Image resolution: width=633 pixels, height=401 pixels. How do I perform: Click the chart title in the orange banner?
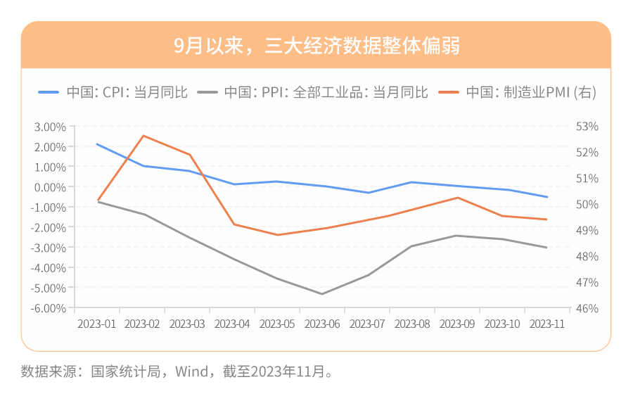(316, 46)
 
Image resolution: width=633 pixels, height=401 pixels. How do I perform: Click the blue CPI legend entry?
(113, 92)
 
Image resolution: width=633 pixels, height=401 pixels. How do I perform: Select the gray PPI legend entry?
(313, 92)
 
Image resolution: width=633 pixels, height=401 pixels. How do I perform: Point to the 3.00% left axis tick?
(50, 127)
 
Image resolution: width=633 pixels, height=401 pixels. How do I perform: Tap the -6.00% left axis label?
(49, 308)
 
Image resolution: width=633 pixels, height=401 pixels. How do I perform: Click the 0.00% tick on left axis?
(50, 187)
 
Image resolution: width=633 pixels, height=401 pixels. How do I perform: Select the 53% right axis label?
(587, 127)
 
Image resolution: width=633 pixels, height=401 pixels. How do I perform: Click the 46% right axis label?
(587, 308)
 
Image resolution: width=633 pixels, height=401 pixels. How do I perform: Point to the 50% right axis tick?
(587, 205)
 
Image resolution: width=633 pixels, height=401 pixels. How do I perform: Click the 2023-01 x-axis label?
(97, 324)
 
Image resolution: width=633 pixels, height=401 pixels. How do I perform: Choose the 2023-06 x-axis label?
(322, 324)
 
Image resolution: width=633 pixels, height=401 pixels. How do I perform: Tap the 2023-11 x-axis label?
(547, 324)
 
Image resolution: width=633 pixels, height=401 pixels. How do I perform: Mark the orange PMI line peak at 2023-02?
(143, 136)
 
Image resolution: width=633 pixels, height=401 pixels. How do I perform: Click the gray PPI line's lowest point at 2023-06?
(322, 294)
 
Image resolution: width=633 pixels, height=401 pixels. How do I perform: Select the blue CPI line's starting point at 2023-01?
(98, 144)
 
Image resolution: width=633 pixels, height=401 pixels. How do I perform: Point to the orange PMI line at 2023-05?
(277, 235)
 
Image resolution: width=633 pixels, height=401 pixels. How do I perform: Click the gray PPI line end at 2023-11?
(547, 248)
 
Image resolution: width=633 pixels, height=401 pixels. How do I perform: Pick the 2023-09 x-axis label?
(457, 324)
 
